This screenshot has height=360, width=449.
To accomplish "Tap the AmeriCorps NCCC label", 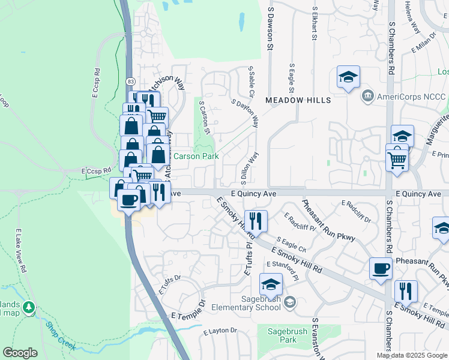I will pos(411,96).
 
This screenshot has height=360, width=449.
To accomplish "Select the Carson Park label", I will pos(196,156).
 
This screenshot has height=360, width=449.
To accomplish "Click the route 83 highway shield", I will pos(130,80).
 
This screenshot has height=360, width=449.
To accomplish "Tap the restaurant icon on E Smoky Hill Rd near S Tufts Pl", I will pos(256,221).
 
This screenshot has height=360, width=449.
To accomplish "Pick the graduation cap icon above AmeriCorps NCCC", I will pos(348,77).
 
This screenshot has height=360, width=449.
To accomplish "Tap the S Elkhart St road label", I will pos(314,24).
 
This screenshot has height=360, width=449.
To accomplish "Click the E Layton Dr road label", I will pos(220,331).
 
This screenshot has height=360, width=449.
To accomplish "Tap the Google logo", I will pos(20,353).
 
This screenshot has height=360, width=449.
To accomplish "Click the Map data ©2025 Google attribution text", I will pos(411,355).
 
